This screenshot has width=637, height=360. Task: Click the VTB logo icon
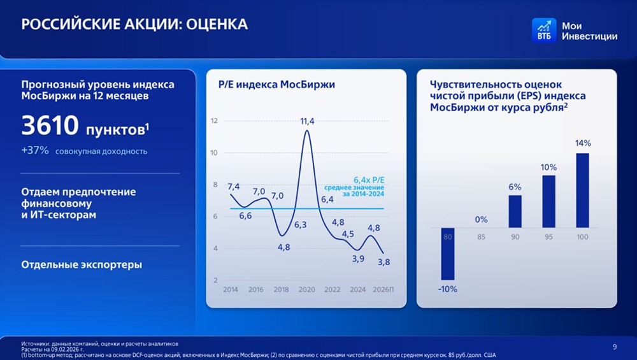point(543,29)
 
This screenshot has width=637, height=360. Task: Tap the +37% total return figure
point(35,151)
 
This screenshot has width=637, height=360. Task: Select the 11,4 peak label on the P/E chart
point(308,121)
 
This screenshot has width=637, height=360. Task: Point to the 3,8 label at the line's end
point(384,261)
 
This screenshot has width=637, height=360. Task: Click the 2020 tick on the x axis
point(307,289)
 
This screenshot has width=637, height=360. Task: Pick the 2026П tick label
point(383,289)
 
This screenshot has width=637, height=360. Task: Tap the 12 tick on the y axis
point(214,121)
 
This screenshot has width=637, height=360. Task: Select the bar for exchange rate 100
point(582,190)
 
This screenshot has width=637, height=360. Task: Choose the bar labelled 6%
point(515,211)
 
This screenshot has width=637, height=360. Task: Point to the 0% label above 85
point(481,219)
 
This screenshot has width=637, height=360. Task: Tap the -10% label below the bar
point(447,289)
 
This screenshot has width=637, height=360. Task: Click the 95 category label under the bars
point(548,237)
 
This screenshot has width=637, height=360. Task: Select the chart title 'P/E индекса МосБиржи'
point(276,85)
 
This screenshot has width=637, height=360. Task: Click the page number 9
point(614,347)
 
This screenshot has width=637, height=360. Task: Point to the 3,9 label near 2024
point(358,258)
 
